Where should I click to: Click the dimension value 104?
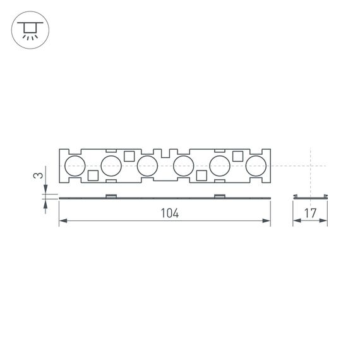coord(169,213)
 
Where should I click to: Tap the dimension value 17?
coord(309,213)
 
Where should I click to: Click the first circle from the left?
coord(75,166)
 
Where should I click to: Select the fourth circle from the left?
coord(183,166)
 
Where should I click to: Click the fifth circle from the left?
coord(220,166)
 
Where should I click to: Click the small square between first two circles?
coord(92,176)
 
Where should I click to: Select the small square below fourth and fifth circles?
coord(201,176)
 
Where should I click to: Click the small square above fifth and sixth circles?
coord(238,156)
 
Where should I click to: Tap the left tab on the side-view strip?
coord(110,195)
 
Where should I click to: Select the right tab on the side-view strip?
coord(219,195)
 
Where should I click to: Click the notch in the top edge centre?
coord(165,153)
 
